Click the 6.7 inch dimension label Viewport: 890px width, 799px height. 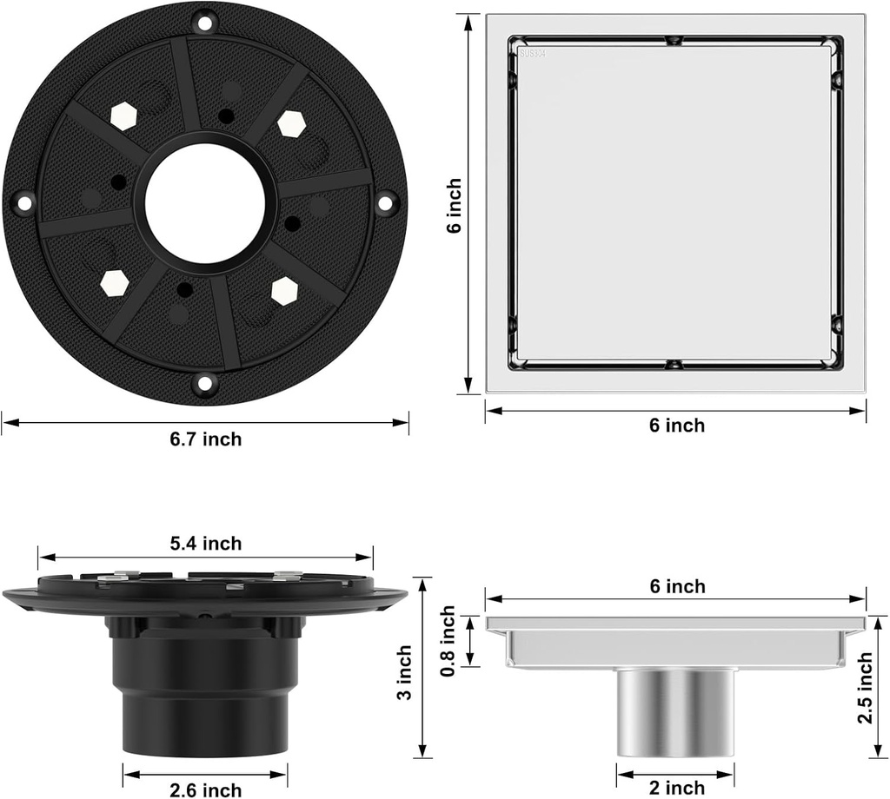point(205,439)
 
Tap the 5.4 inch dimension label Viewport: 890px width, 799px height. point(205,544)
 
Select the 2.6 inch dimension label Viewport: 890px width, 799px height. point(205,789)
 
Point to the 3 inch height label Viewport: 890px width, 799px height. point(404,672)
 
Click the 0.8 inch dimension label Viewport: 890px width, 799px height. point(448,641)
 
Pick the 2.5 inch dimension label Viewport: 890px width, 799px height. point(865,687)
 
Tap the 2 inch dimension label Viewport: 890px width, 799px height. point(676,788)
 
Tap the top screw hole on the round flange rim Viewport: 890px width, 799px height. point(204,23)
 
